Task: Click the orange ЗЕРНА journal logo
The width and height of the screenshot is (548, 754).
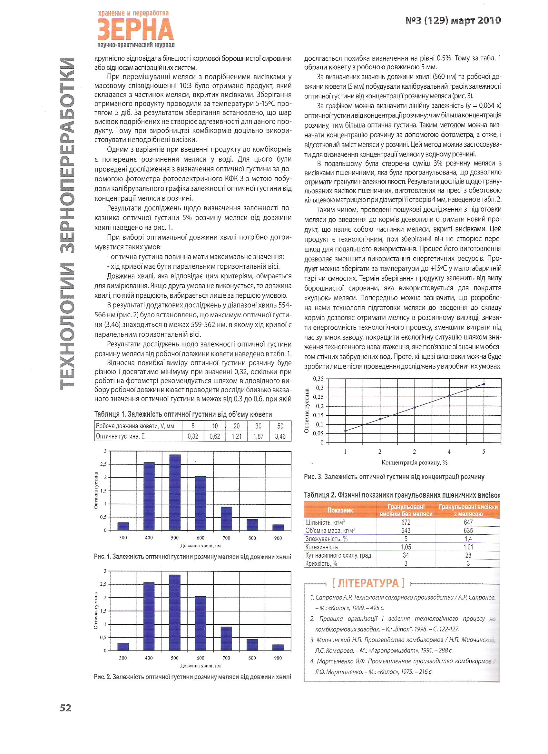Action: coord(136,30)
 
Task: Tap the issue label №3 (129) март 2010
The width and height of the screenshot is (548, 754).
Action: coord(453,21)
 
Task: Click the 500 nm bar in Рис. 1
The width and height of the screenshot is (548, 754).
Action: coord(175,492)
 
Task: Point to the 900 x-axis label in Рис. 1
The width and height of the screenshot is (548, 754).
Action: coord(278,538)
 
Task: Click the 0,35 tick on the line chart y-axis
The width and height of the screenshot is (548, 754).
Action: coord(318,379)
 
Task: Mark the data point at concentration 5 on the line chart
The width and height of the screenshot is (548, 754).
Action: coord(484,384)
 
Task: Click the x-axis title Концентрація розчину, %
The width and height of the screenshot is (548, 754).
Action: coord(415,462)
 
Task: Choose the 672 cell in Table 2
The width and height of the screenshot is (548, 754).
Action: coord(406,522)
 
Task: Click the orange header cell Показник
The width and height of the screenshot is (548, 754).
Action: coord(340,510)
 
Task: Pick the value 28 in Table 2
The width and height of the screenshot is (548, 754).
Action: coord(468,555)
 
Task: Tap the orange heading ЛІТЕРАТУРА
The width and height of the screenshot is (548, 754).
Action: coord(368,583)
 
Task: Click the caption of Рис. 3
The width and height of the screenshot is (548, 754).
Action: coord(394,477)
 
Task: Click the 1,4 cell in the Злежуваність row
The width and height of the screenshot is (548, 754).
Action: coord(468,539)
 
